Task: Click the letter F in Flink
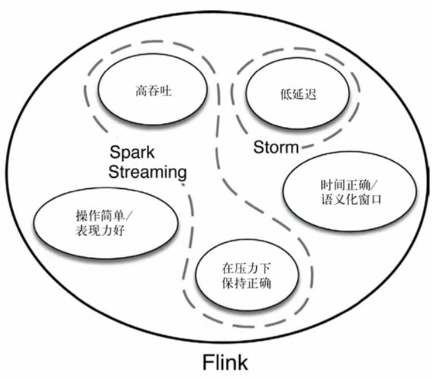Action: (209, 361)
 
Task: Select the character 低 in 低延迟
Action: (283, 95)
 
